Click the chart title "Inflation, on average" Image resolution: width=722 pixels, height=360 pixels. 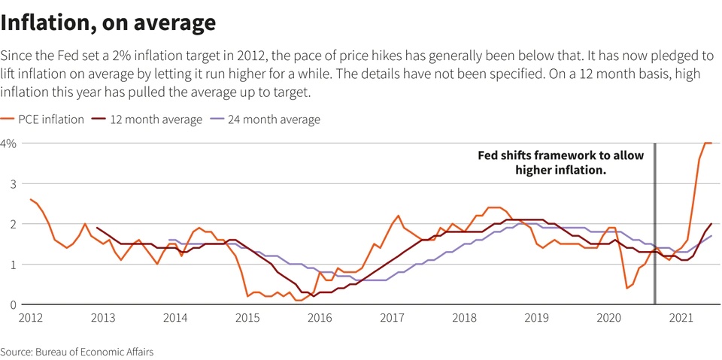pos(108,23)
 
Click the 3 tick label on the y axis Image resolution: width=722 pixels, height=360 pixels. pos(12,183)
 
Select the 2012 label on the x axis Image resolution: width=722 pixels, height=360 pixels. pos(30,318)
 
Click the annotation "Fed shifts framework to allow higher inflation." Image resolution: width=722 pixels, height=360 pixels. pos(560,163)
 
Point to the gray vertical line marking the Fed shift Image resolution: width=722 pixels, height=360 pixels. pos(654,225)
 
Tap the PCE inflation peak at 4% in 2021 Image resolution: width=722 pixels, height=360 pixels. pos(708,143)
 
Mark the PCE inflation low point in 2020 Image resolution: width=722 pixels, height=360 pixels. pos(626,288)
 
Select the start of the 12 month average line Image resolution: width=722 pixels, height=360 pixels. pos(97,228)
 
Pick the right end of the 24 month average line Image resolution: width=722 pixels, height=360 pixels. pos(711,236)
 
